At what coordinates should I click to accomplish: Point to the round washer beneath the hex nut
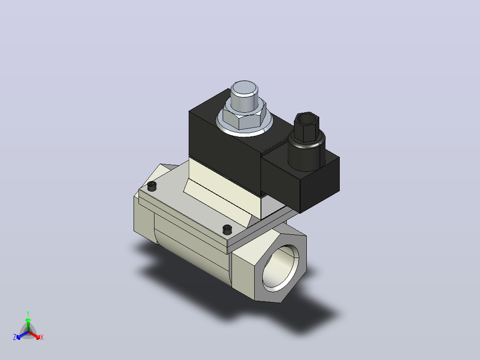244,129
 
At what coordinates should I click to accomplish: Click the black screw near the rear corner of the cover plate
152,186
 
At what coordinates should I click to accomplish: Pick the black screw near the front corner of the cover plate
227,229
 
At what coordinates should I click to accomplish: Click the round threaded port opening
281,268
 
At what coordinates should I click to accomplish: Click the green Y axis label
28,313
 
